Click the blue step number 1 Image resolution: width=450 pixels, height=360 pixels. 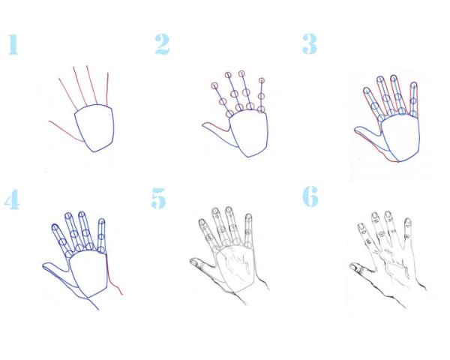point(13,44)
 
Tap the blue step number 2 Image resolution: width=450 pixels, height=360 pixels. point(163,44)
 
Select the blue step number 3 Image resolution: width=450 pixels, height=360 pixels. point(309,44)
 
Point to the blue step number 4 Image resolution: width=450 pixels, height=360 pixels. point(12,199)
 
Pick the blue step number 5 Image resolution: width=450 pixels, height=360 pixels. point(158,198)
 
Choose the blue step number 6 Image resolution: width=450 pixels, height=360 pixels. point(310,196)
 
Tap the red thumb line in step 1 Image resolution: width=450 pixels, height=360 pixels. point(65,132)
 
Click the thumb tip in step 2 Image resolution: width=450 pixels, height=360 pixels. point(204,125)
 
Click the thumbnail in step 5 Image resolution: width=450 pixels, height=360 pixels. point(194,262)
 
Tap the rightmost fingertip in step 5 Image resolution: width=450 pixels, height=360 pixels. point(249,217)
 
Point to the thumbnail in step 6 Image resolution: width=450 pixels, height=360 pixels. point(354,267)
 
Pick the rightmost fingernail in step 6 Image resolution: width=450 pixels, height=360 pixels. point(408,222)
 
